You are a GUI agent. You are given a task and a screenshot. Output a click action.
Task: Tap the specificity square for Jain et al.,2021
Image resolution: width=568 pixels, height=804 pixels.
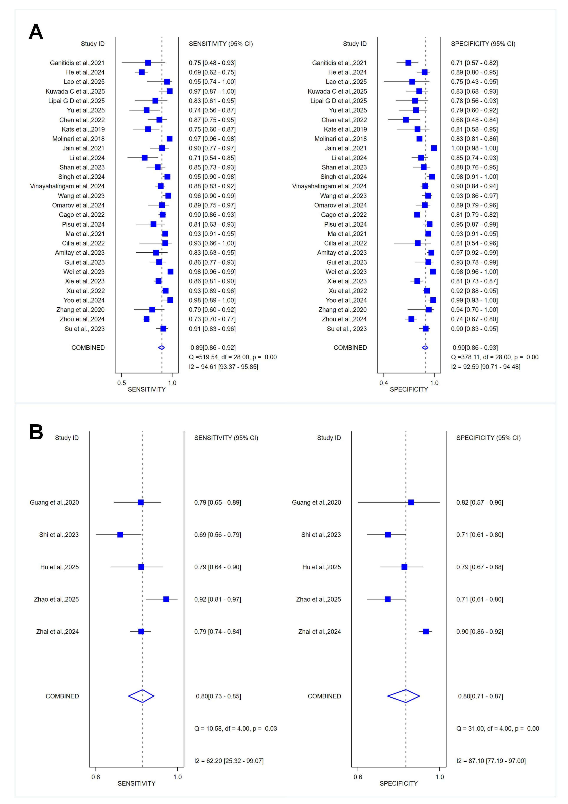coord(434,148)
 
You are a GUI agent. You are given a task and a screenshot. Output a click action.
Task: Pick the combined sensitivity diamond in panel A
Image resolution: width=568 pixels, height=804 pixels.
coord(161,348)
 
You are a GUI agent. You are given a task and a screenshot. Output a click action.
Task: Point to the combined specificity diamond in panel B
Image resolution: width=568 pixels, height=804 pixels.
coord(403,696)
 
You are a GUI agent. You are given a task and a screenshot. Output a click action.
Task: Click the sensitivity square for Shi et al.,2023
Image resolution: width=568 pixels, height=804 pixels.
coord(120,535)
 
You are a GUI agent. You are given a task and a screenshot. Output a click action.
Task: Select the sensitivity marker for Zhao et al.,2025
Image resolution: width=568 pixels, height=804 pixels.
coord(166,599)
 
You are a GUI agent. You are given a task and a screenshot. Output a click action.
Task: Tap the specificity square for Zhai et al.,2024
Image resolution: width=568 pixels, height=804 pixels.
coord(426,631)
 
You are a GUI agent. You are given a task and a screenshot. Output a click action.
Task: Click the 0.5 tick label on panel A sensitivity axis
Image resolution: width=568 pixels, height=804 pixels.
coord(121,383)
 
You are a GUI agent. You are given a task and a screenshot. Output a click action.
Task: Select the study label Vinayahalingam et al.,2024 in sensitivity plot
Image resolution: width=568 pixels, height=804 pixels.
coord(67,186)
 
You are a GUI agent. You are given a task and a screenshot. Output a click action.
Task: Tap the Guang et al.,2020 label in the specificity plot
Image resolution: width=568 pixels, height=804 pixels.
coord(316,502)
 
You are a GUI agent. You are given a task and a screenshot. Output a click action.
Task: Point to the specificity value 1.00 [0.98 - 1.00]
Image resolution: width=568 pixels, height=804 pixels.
coord(474,148)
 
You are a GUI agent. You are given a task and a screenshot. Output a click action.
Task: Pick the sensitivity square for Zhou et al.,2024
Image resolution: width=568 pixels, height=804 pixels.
coord(146,319)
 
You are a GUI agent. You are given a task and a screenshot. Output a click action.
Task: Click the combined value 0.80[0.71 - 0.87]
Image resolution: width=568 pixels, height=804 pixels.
coord(480,696)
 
